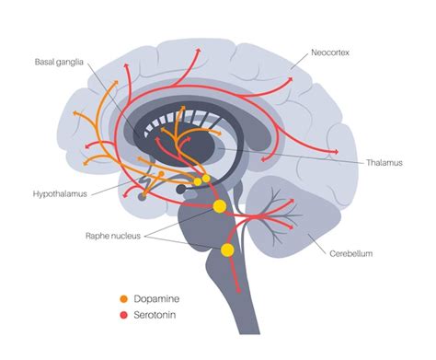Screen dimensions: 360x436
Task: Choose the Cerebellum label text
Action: pyautogui.click(x=350, y=252)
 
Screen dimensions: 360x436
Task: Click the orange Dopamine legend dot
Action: pyautogui.click(x=123, y=299)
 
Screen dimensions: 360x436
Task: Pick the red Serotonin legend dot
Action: pyautogui.click(x=123, y=316)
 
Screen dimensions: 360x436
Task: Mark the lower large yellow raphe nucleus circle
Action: pyautogui.click(x=227, y=250)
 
